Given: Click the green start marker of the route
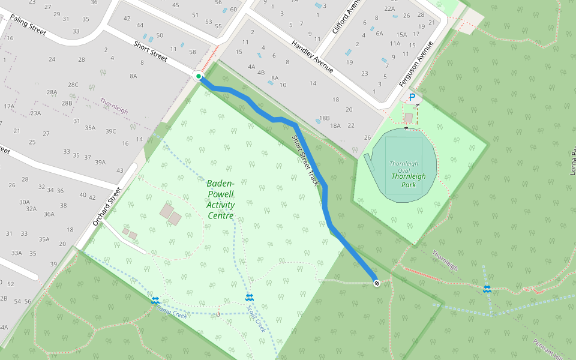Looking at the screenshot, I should click(198, 76).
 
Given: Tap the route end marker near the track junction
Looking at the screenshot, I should click(377, 283).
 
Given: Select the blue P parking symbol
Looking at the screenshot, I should click(412, 97).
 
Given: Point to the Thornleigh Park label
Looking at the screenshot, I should click(408, 181).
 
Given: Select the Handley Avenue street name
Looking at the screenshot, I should click(312, 56).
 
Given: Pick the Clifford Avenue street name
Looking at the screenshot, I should click(344, 17).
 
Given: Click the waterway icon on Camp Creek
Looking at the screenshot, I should click(155, 300).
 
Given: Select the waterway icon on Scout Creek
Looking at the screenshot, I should click(250, 298).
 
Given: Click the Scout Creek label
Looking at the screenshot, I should click(256, 318).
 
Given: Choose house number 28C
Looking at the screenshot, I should click(73, 85).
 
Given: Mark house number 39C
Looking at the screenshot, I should click(110, 131).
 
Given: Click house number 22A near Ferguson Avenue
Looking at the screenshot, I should click(389, 8).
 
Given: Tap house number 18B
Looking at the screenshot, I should click(325, 118).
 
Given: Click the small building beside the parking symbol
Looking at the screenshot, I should click(409, 117).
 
